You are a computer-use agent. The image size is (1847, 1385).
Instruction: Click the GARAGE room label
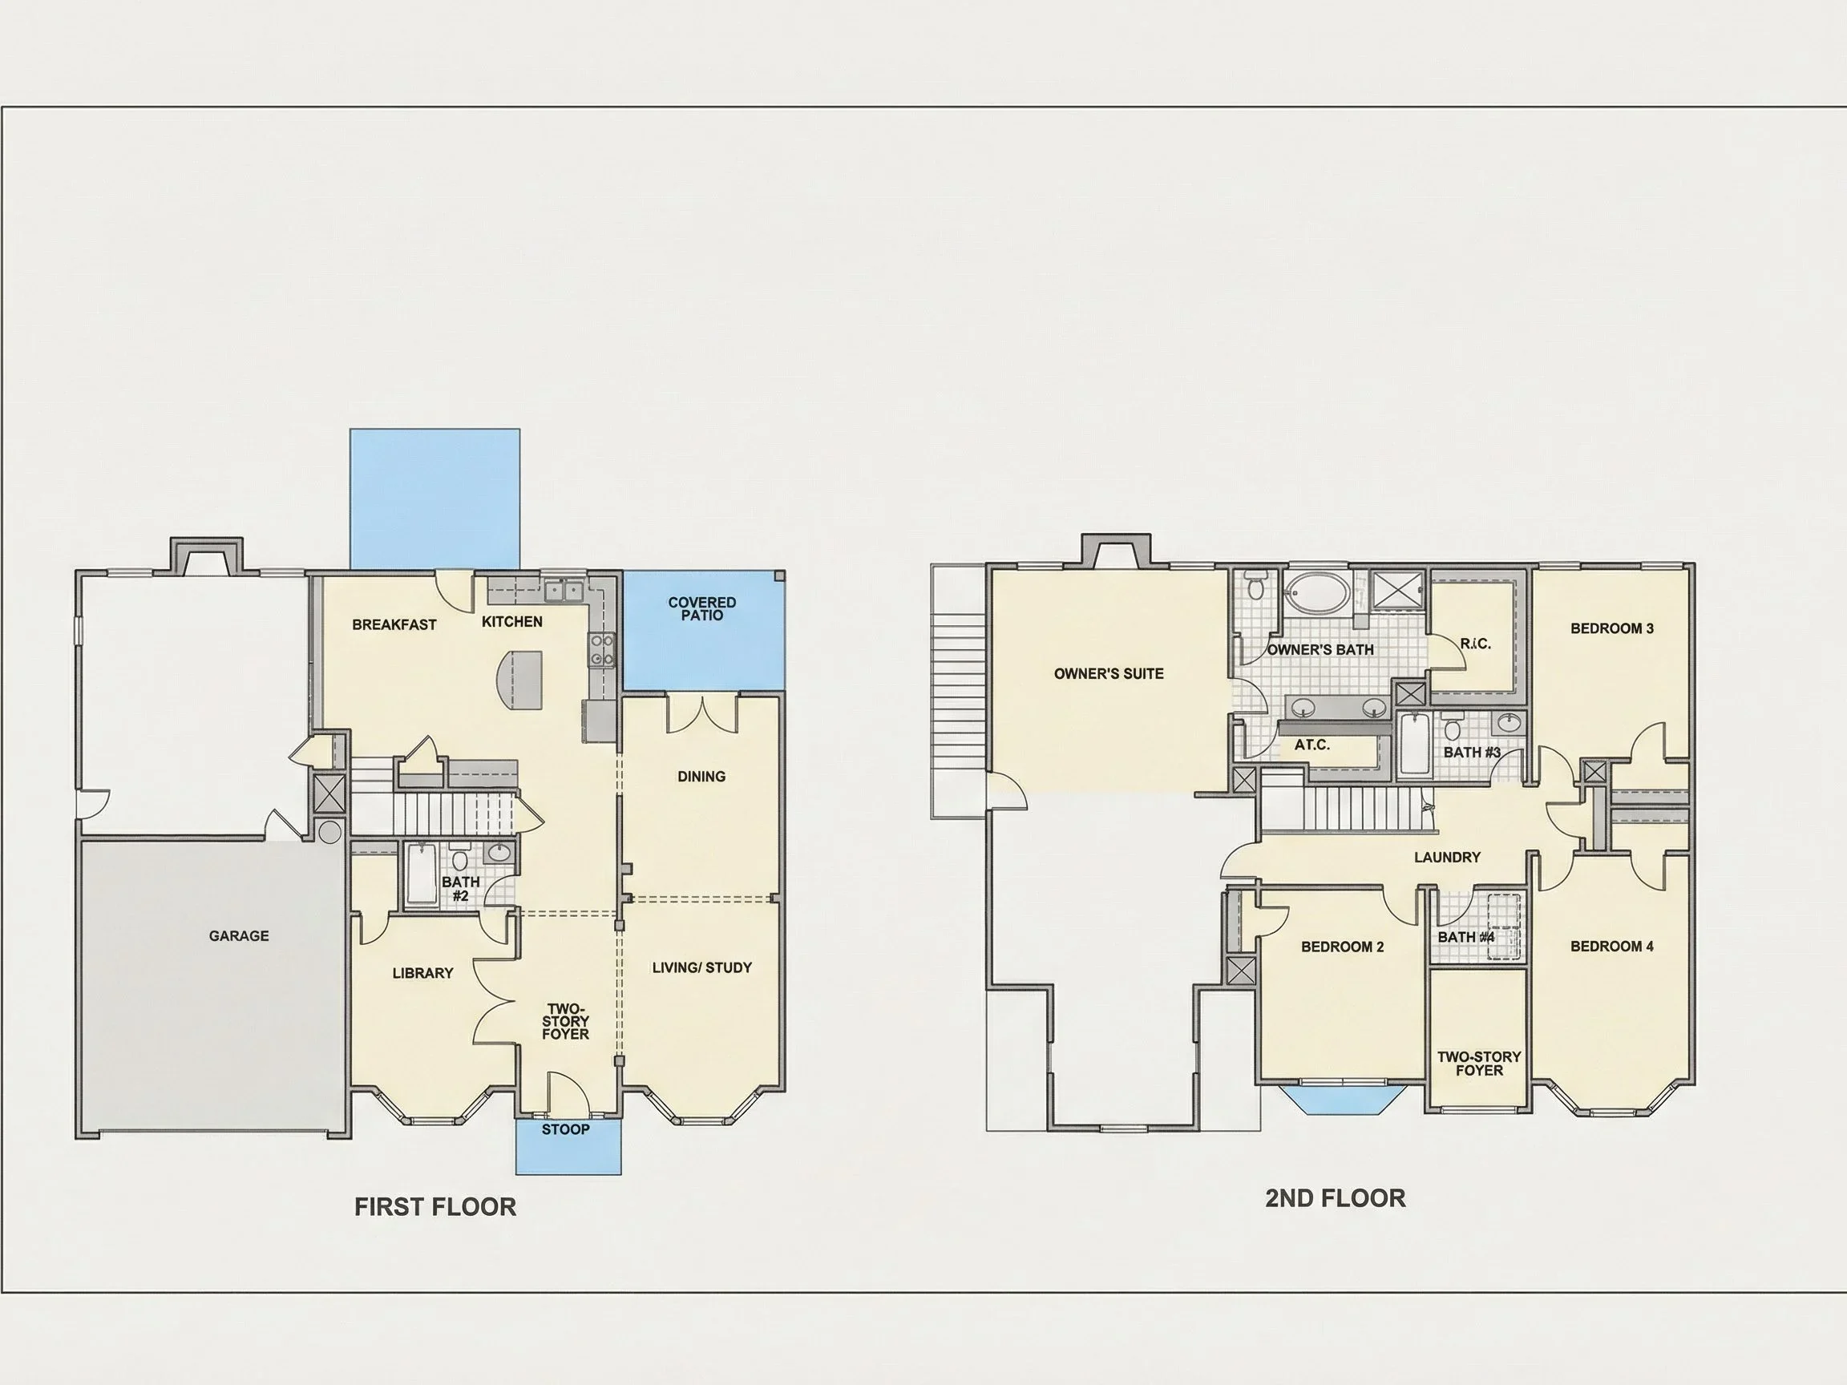239,936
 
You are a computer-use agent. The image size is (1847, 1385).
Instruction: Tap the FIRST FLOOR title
435,1206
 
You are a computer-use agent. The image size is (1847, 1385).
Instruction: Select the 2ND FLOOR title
1336,1198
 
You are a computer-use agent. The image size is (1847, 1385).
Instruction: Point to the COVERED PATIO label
702,608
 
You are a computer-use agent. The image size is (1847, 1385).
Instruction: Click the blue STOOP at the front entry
568,1145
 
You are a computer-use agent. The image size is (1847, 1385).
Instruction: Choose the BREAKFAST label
394,624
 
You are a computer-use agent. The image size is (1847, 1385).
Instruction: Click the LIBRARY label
422,972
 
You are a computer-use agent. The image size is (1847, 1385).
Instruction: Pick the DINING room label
701,777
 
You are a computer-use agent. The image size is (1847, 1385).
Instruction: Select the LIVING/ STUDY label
702,967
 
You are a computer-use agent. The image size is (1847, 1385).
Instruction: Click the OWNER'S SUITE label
1109,674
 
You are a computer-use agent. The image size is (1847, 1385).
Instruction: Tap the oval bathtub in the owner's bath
1316,593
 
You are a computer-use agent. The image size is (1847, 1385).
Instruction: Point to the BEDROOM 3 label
1611,628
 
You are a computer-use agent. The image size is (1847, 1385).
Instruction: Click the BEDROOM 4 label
1611,946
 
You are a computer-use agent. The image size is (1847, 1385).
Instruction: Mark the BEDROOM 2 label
1343,947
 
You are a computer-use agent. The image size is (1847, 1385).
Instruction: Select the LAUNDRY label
1447,858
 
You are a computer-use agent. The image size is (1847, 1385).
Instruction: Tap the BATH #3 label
1472,752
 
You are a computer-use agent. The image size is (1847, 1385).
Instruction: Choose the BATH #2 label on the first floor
461,888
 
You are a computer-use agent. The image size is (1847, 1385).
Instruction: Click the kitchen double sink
564,591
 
